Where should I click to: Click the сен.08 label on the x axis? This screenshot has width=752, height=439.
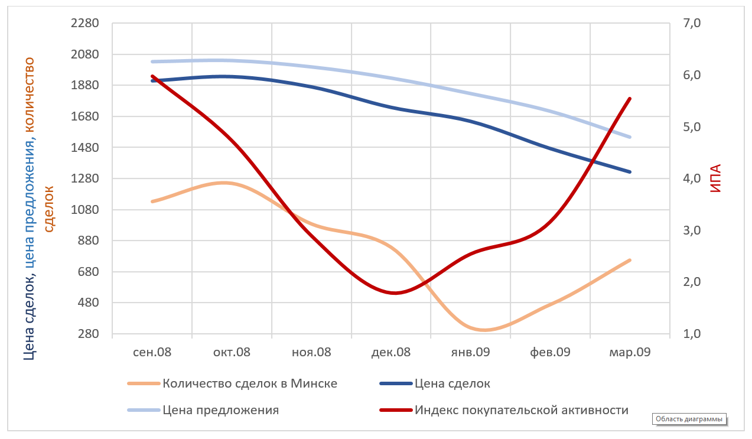(152, 353)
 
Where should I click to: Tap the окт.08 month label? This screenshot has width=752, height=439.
(232, 353)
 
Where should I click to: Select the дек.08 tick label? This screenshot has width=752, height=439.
(391, 353)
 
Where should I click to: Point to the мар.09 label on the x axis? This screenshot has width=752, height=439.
(630, 353)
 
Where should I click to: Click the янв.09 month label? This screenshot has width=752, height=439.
(471, 353)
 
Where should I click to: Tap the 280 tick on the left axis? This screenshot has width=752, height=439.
(89, 334)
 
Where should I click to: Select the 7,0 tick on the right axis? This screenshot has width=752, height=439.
(692, 24)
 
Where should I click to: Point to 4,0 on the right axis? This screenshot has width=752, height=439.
(692, 178)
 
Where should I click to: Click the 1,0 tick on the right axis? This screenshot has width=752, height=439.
(692, 334)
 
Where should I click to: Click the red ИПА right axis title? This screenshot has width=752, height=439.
(716, 178)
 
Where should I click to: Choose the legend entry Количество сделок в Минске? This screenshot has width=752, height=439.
(250, 383)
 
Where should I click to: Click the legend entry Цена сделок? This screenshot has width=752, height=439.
(452, 383)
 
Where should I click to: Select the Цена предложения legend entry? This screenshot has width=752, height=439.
(221, 409)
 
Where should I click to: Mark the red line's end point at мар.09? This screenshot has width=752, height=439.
(630, 99)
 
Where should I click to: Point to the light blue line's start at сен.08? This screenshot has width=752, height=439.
(152, 61)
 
